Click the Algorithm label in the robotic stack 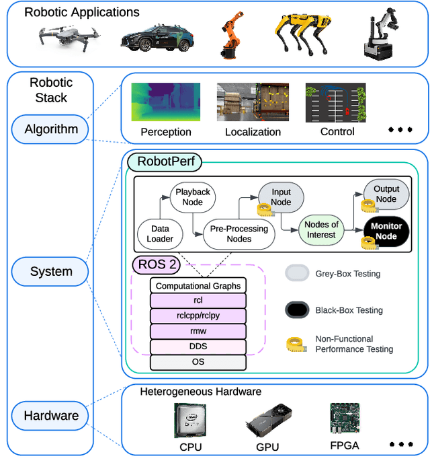coord(51,129)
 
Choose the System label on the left coord(51,272)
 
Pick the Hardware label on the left coord(51,415)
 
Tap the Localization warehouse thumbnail coord(253,102)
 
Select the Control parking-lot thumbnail coord(336,102)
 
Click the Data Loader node coord(160,233)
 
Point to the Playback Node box coord(193,197)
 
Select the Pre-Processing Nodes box coord(239,233)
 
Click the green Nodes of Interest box coord(321,229)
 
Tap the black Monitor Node coord(386,231)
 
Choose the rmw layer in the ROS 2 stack coord(198,331)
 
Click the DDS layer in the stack coord(198,346)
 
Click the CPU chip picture coord(190,421)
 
